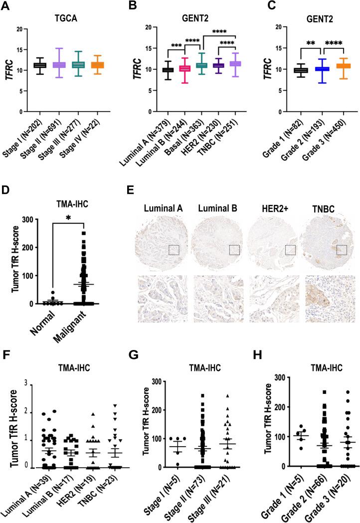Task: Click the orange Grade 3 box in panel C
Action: point(331,66)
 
